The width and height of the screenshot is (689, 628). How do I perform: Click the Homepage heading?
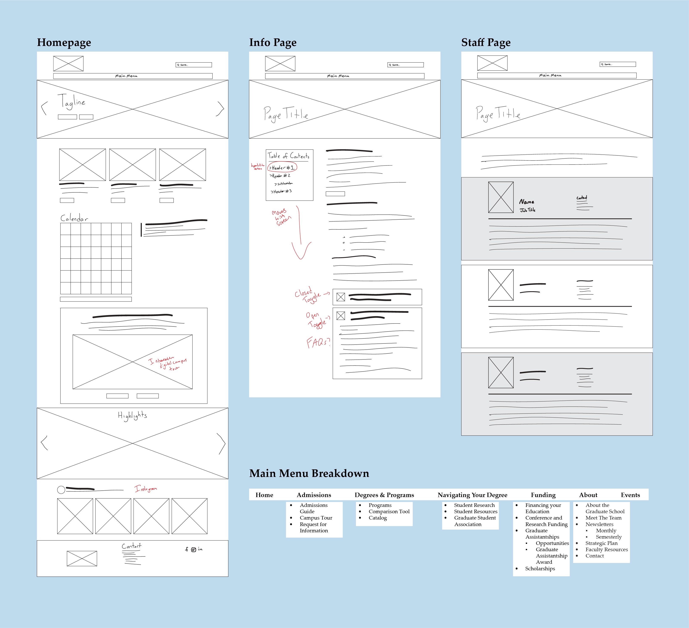pyautogui.click(x=64, y=43)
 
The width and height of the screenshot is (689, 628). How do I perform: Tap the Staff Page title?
pyautogui.click(x=486, y=43)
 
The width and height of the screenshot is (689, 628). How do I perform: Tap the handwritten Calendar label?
pyautogui.click(x=74, y=218)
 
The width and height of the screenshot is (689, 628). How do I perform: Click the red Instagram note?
pyautogui.click(x=146, y=489)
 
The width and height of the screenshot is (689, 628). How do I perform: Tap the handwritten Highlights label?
pyautogui.click(x=132, y=415)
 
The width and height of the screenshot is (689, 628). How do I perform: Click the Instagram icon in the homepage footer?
pyautogui.click(x=194, y=550)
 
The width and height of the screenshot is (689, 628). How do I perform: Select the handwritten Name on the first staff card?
pyautogui.click(x=527, y=202)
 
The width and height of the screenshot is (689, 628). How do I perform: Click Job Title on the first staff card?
pyautogui.click(x=528, y=210)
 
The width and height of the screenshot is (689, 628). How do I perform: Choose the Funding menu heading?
pyautogui.click(x=543, y=495)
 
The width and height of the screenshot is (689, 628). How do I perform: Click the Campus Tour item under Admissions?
pyautogui.click(x=316, y=518)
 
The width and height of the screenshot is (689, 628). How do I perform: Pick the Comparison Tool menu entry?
pyautogui.click(x=389, y=511)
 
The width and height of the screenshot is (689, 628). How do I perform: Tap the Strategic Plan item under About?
pyautogui.click(x=601, y=543)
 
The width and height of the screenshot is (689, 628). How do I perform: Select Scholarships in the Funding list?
pyautogui.click(x=540, y=568)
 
